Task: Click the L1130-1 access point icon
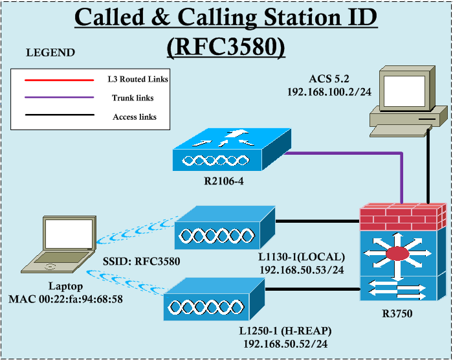[x=224, y=229]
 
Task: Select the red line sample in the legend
[x=58, y=80]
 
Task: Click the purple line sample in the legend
[x=58, y=98]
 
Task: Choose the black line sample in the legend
[x=58, y=117]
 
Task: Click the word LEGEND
[x=50, y=52]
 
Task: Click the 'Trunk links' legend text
[x=133, y=98]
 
